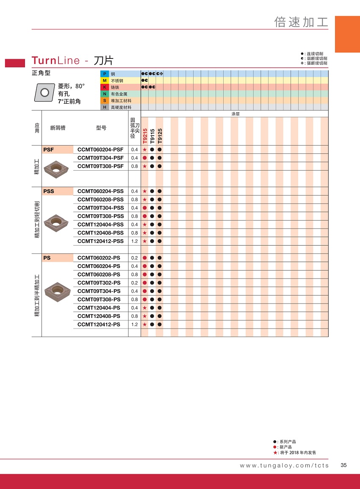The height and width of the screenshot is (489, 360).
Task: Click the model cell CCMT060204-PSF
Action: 100,149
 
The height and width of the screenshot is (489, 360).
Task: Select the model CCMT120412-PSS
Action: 100,241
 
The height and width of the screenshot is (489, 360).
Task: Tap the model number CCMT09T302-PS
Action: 99,282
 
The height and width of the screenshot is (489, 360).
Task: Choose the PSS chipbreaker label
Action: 49,191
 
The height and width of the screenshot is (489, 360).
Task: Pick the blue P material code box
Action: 104,74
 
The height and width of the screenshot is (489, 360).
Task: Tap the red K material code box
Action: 104,87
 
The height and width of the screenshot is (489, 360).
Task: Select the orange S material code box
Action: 104,101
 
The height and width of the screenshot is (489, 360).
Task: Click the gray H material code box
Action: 104,108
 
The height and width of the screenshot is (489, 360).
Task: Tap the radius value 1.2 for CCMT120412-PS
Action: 135,324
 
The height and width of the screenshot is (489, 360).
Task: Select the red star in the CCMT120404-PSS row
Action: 145,224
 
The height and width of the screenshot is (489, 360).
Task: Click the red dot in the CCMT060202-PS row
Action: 145,257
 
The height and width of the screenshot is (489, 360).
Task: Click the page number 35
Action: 343,465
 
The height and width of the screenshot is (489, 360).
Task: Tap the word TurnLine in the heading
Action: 55,61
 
